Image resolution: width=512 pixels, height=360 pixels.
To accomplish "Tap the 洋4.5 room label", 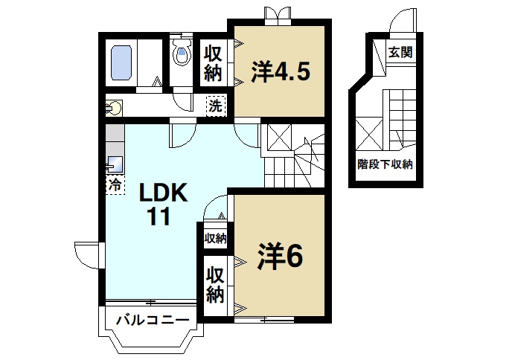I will coord(280,73).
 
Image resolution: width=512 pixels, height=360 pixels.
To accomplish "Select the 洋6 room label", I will coord(280,257).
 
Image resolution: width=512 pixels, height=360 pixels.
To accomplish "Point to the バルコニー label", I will coord(153,321).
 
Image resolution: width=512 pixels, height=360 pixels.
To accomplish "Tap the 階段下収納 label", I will coord(385,164).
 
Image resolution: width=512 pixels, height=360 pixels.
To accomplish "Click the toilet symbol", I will coord(181,53).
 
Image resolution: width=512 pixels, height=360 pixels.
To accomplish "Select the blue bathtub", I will coord(121,62).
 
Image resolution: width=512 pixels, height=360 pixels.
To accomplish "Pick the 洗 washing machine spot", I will coord(214,106).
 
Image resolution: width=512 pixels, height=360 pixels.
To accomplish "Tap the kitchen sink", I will coord(115,163).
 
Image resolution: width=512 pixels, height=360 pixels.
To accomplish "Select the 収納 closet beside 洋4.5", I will coord(214,64).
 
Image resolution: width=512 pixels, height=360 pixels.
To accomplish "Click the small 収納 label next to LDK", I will coord(215,238).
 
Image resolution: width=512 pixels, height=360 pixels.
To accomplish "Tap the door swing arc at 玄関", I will coord(405,22).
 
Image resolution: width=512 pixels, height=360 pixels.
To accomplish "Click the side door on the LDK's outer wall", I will coord(85,256).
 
